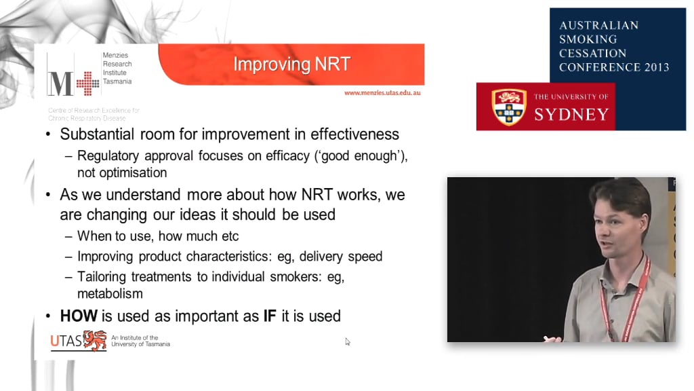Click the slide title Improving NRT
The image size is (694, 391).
point(291,64)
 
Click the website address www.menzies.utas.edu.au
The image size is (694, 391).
point(382,92)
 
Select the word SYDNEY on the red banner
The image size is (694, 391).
point(571,114)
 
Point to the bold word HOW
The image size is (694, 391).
point(79,316)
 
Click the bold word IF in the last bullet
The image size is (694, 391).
point(269,316)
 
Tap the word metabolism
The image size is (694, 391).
point(110,293)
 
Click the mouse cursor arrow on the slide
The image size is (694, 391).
point(348,341)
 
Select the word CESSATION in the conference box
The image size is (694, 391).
point(592,54)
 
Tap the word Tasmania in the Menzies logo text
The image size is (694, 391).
point(117,81)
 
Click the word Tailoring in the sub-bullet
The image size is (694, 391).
point(103,277)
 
